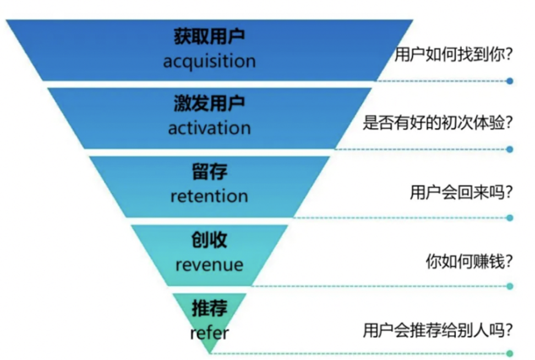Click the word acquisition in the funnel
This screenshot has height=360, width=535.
coord(209,60)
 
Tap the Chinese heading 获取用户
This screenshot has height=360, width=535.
coord(209,37)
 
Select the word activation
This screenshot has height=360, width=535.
coord(209,128)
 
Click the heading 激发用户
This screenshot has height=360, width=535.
coord(209,104)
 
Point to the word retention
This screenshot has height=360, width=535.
coord(209,196)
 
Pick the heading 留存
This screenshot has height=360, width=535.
coord(209,172)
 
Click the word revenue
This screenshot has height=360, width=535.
coord(209,264)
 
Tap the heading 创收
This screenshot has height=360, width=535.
coord(209,241)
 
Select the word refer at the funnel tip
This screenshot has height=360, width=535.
coord(209,332)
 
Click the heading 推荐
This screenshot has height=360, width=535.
coord(209,309)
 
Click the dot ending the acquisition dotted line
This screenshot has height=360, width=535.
coord(510,81)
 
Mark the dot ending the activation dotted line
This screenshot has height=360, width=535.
coord(510,149)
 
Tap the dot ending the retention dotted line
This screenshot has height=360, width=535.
coord(510,218)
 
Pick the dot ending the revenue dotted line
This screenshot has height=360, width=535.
coord(510,286)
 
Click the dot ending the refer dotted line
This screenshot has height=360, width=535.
coord(510,353)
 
